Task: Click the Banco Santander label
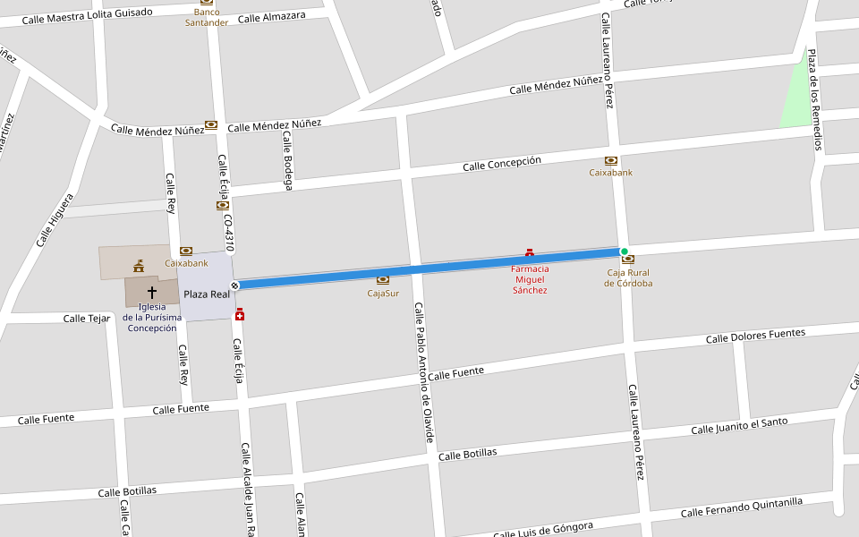207,17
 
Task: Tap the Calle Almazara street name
271,17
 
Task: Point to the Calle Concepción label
502,164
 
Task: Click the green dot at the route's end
625,251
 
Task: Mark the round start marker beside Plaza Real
234,286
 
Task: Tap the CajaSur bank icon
383,280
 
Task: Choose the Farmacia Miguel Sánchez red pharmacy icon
530,254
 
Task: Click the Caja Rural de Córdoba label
628,277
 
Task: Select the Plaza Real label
207,294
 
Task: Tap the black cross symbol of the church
151,292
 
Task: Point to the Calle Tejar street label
87,319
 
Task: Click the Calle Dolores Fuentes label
755,337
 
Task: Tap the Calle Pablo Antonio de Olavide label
423,371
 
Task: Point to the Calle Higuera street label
55,220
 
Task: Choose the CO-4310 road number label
229,232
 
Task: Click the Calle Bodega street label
287,161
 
